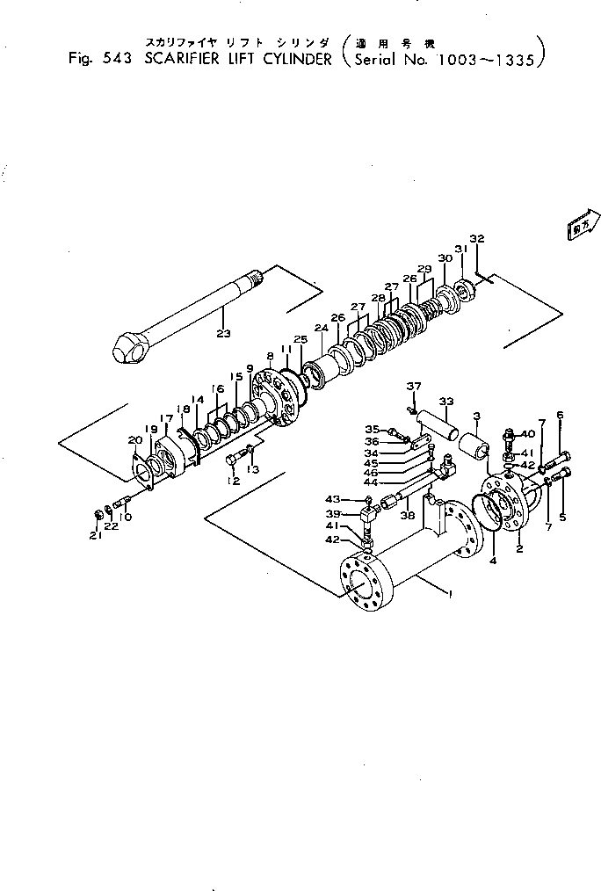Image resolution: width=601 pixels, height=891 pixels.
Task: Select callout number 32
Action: click(477, 239)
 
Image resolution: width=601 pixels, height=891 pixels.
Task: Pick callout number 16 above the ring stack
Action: click(217, 388)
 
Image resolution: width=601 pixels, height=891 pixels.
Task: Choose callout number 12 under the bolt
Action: click(233, 481)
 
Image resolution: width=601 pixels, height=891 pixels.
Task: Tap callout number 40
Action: click(529, 435)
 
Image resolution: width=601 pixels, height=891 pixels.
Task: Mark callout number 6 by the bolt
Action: click(560, 414)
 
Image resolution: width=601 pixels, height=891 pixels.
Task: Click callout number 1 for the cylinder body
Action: click(449, 595)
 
